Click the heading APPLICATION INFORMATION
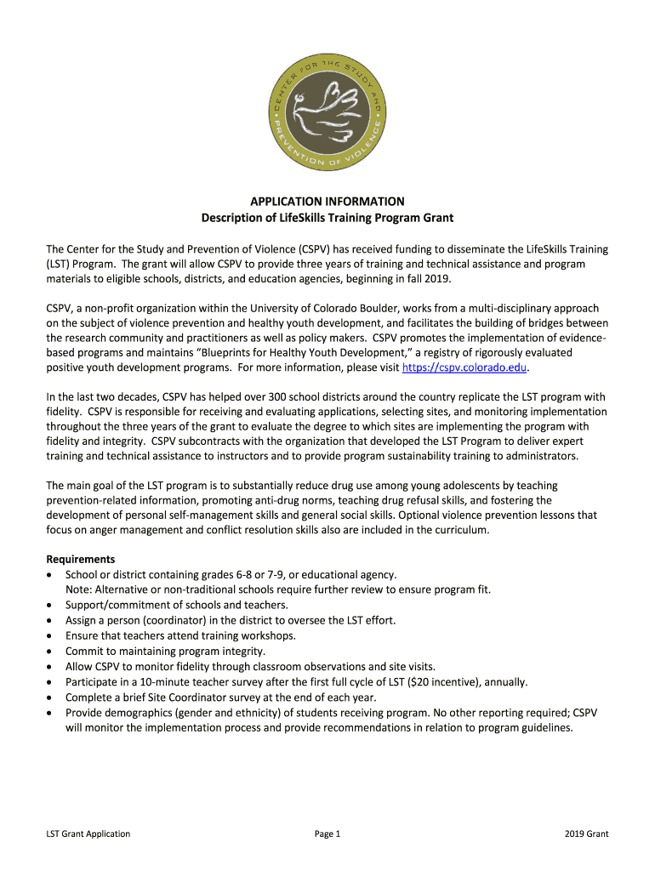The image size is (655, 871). point(327,202)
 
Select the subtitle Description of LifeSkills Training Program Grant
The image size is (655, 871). point(327,218)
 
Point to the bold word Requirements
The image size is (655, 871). point(81,559)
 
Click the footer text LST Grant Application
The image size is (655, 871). point(88,834)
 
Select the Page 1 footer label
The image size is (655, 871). point(327,834)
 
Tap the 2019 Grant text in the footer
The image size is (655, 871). point(586,834)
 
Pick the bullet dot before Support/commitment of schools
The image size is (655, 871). point(50,606)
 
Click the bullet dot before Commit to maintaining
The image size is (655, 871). point(50,652)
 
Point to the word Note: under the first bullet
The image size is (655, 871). point(79,589)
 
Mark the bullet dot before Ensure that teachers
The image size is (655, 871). point(50,636)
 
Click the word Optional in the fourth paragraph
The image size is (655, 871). point(420,515)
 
